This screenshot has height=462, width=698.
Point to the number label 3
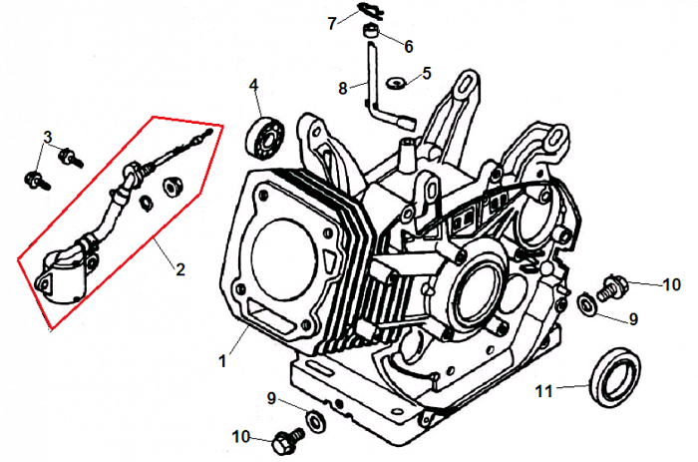click(47, 137)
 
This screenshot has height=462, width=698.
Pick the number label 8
click(342, 88)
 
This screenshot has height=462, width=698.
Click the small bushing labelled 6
click(370, 38)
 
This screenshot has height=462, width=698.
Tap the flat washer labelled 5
click(396, 79)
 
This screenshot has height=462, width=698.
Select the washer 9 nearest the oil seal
click(588, 301)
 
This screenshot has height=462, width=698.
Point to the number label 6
click(408, 45)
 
